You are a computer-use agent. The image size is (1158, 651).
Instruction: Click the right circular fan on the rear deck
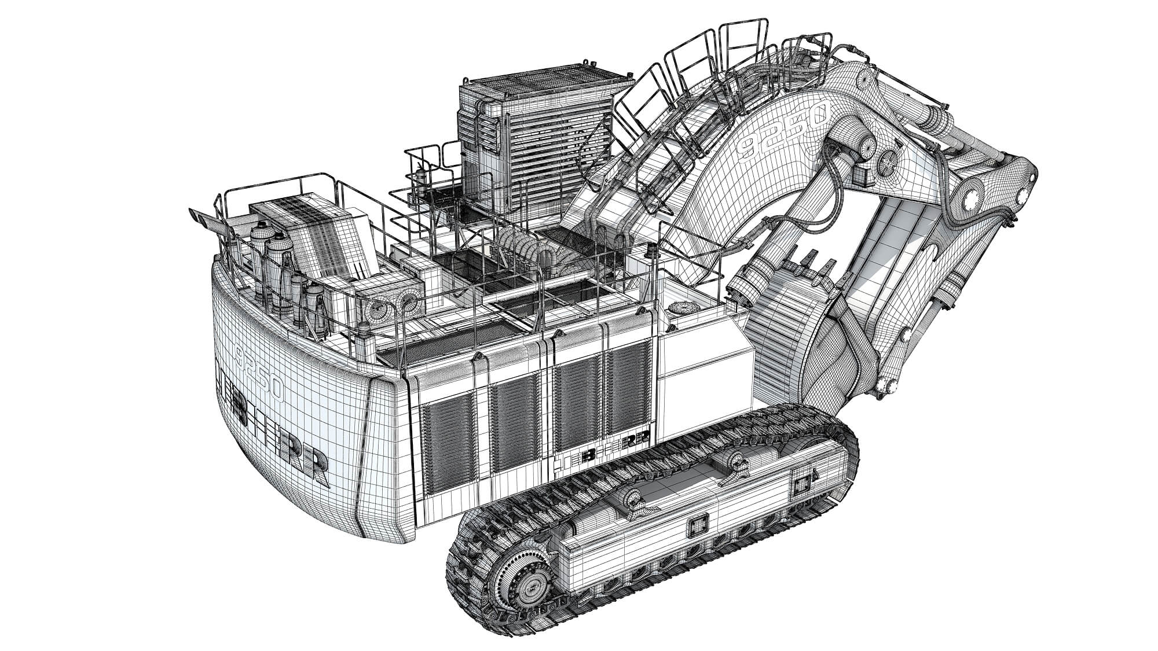click(x=410, y=300)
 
